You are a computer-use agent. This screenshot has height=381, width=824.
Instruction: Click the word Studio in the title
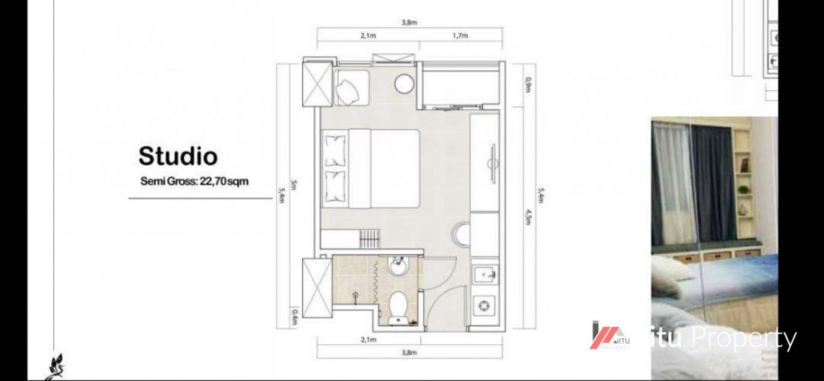(x=177, y=156)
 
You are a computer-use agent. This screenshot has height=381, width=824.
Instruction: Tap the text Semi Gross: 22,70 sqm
(x=195, y=181)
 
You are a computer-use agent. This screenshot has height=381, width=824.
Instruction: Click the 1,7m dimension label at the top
(x=460, y=35)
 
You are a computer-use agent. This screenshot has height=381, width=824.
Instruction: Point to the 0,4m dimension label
(x=295, y=315)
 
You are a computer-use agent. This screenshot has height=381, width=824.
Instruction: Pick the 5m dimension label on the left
(x=295, y=186)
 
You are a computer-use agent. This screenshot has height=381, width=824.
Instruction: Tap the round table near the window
(x=404, y=84)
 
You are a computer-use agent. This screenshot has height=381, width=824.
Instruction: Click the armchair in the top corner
(x=350, y=87)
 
